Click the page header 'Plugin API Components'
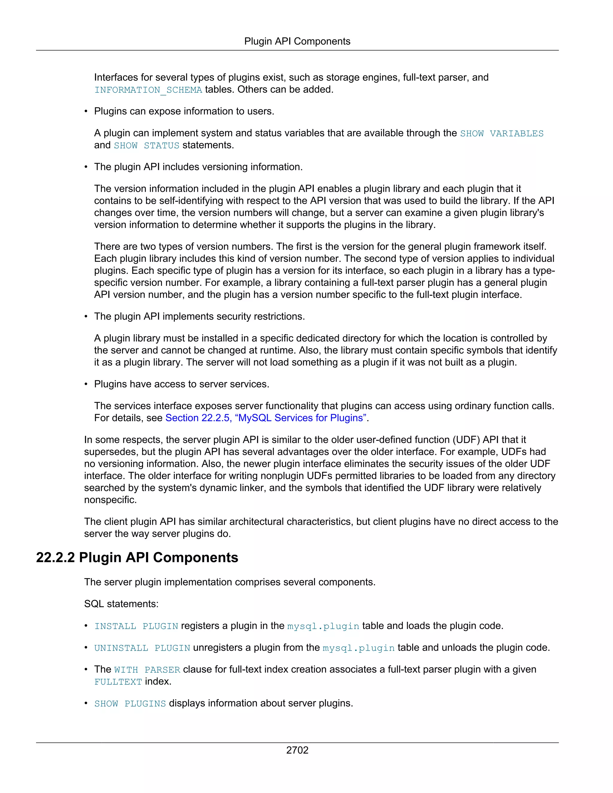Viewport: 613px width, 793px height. (297, 41)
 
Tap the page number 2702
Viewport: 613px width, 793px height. (297, 750)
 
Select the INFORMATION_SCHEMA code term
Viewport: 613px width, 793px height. (148, 90)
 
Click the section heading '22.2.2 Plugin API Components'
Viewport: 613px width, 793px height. (137, 557)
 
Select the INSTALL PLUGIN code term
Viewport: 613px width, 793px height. (136, 626)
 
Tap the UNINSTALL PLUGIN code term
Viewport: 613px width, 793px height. (142, 648)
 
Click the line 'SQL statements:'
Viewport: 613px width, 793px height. (121, 604)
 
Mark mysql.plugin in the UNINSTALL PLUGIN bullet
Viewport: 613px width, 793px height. (358, 648)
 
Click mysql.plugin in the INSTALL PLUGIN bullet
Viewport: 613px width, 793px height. (323, 626)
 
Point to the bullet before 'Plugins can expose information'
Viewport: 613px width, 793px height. (86, 112)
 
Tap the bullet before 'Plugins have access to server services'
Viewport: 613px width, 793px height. (86, 384)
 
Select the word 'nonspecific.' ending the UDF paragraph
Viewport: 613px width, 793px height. (110, 500)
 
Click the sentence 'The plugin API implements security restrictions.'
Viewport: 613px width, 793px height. (199, 316)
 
